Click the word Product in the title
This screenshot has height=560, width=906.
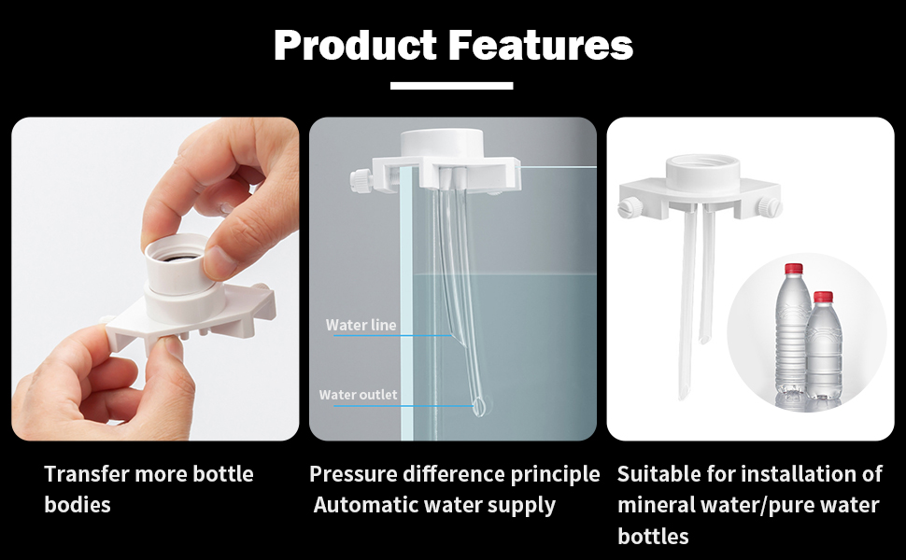(355, 45)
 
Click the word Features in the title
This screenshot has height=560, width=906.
(541, 45)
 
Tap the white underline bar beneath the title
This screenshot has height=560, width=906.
(452, 86)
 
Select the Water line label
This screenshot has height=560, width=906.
(361, 325)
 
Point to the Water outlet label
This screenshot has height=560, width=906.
(359, 395)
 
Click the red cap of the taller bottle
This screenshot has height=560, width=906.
(793, 269)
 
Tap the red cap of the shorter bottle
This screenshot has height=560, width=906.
(823, 297)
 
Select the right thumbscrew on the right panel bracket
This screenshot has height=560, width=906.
(770, 206)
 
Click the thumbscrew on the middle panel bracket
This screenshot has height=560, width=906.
(360, 179)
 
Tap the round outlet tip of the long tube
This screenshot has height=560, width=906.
(479, 406)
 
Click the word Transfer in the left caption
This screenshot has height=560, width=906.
(87, 474)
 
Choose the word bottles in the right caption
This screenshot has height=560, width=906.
(653, 537)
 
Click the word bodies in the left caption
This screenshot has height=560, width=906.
(78, 505)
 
